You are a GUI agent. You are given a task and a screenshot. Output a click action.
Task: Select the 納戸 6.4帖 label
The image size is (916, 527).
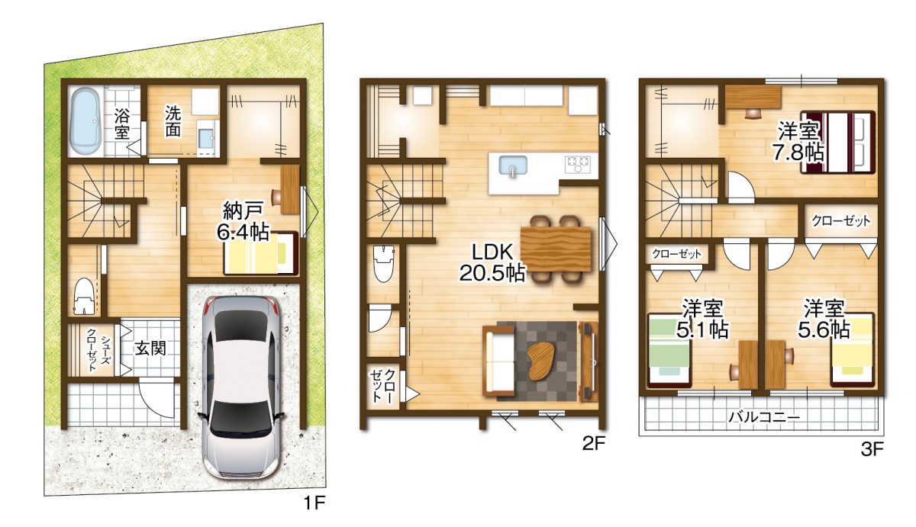point(243,221)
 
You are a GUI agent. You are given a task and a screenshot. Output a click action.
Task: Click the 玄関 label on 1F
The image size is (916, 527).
point(151,349)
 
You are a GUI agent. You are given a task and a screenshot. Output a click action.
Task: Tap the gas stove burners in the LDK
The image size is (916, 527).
point(577,162)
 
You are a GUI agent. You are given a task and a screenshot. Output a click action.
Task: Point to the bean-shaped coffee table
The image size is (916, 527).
point(541,358)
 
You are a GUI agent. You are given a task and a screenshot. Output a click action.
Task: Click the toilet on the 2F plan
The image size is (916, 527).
point(382,263)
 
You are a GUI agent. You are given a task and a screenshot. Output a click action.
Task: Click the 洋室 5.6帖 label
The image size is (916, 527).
point(824,319)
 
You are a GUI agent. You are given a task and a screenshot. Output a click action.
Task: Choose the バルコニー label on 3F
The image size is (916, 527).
point(763,417)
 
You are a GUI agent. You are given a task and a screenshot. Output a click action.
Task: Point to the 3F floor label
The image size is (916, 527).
point(872,449)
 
